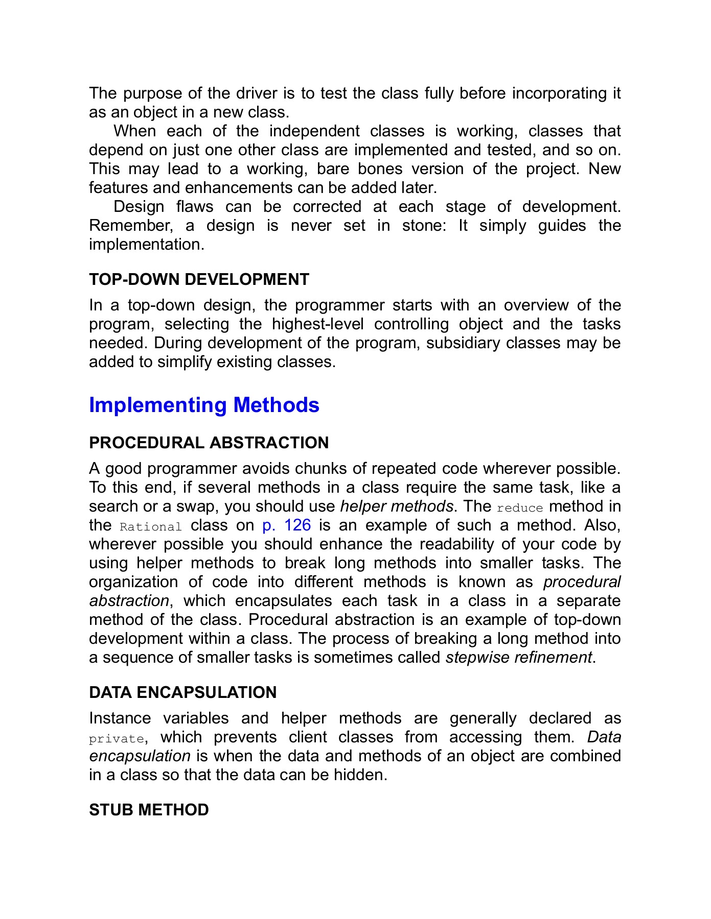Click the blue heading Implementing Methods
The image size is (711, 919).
[x=204, y=405]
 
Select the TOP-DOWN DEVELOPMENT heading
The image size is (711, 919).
[x=199, y=279]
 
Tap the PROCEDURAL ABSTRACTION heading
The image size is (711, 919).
[x=209, y=443]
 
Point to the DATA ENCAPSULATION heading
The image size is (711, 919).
[x=182, y=692]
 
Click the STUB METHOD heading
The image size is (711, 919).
[x=149, y=810]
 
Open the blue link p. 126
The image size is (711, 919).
[x=286, y=525]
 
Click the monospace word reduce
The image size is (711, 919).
[x=519, y=508]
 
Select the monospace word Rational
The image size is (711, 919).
[x=151, y=527]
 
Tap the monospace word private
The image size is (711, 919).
[x=117, y=739]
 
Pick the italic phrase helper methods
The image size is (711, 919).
[x=397, y=506]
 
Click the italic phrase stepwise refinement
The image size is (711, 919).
[x=519, y=658]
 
